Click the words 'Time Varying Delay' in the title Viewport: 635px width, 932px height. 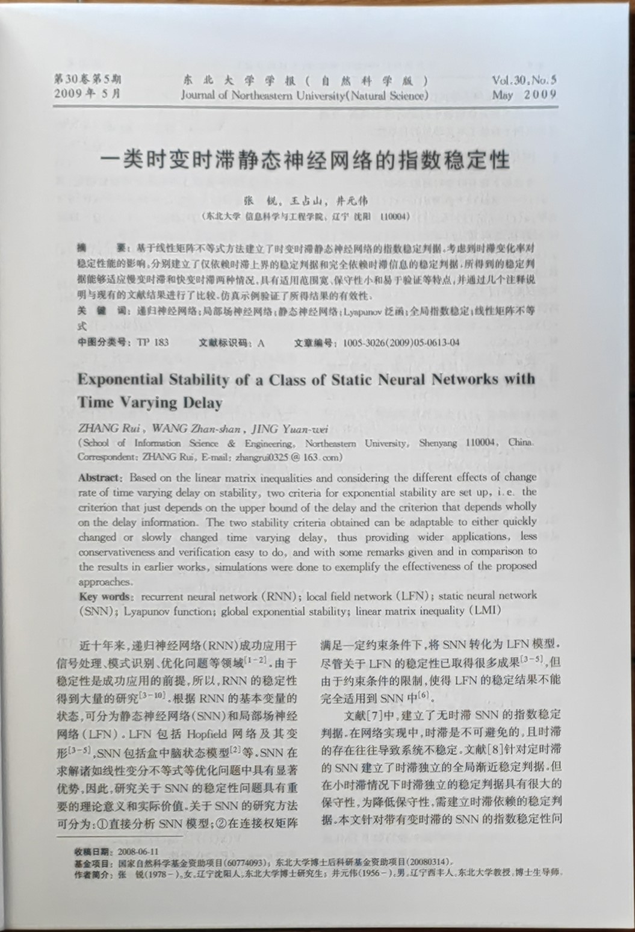coord(150,402)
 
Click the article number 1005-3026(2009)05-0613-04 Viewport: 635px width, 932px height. coord(401,343)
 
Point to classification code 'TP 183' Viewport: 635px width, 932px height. coord(153,343)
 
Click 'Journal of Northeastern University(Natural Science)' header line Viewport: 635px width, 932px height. coord(305,95)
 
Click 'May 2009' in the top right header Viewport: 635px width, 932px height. coord(524,95)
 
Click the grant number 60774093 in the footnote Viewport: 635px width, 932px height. coord(248,862)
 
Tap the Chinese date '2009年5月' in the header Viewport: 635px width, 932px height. coord(88,94)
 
